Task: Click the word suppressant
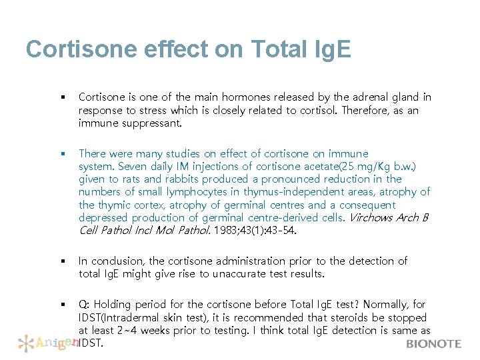coord(152,123)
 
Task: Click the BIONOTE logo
coord(434,344)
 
